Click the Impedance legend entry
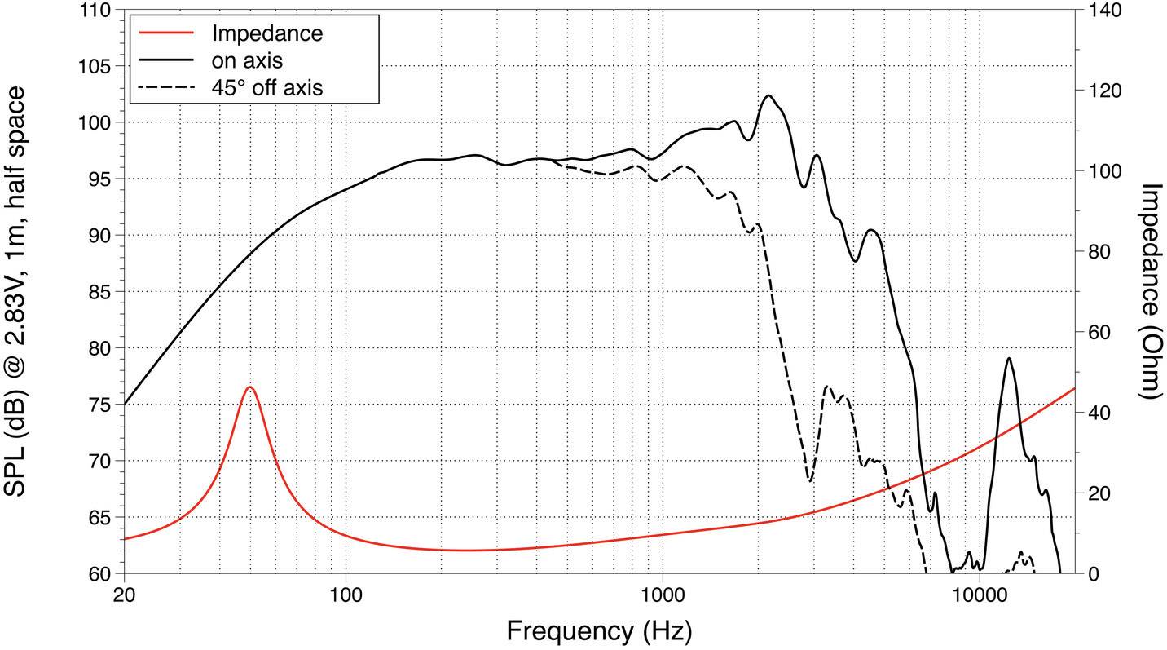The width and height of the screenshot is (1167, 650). [266, 33]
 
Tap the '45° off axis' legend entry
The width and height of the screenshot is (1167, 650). [266, 86]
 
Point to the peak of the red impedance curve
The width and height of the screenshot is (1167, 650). [250, 387]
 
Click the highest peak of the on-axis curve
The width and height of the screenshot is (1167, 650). [768, 95]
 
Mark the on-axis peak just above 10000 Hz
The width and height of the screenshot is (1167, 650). [1009, 358]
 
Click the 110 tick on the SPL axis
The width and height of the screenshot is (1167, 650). [99, 11]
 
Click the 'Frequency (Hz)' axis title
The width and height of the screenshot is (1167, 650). [599, 630]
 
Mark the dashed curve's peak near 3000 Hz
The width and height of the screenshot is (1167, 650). [828, 387]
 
